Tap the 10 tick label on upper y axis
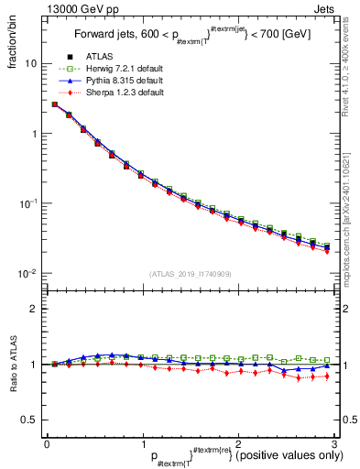pos(34,64)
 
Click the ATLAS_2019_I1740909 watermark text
pos(190,274)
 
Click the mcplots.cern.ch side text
pos(352,202)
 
